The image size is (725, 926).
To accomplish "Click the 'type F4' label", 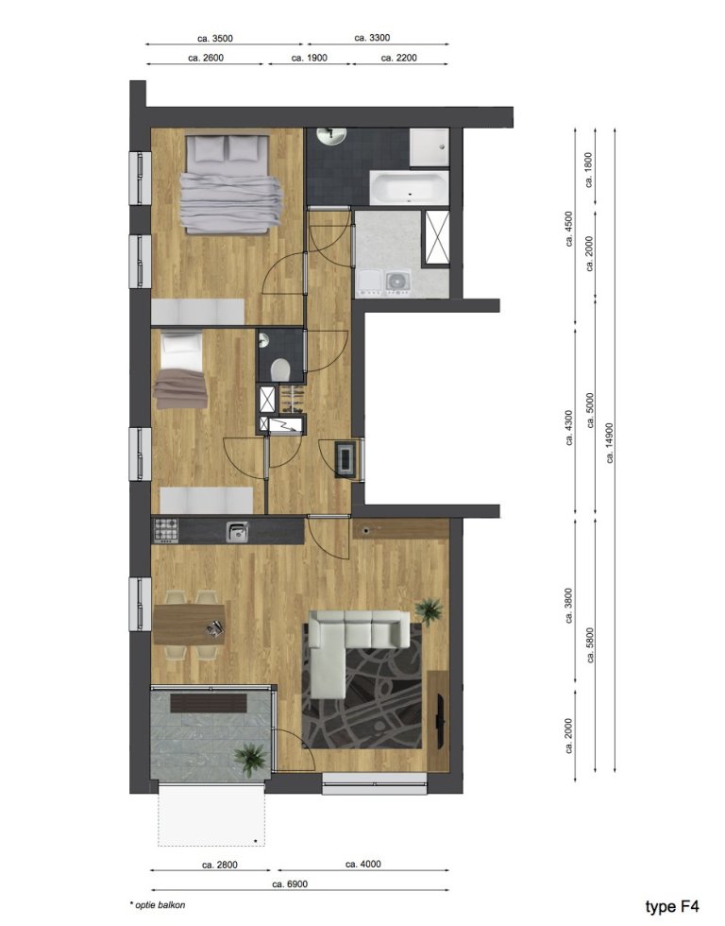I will tap(671, 906).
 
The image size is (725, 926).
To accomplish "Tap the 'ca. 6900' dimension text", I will tap(291, 884).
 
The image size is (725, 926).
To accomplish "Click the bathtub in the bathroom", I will tap(407, 187).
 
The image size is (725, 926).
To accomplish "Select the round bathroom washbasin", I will tap(331, 137).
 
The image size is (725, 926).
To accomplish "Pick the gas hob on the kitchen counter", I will tap(167, 531).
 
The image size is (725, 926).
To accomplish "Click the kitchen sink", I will tap(237, 532).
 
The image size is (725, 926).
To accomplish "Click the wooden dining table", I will tap(190, 625).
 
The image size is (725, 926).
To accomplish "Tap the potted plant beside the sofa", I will tap(430, 609).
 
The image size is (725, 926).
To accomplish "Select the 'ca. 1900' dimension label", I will tap(309, 58).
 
